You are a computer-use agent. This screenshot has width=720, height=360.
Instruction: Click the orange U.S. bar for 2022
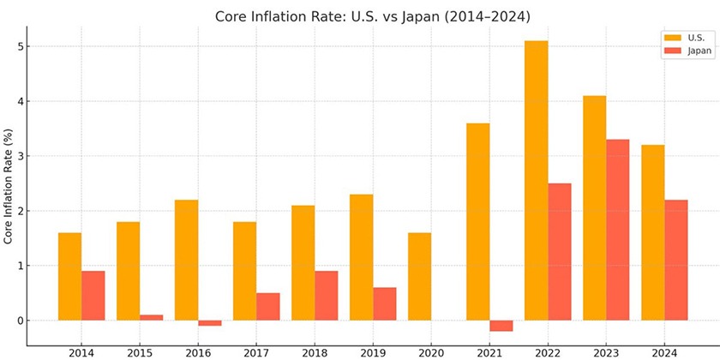click(537, 180)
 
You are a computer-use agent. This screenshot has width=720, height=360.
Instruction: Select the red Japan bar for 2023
click(617, 230)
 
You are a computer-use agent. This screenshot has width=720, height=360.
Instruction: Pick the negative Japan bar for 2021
click(501, 326)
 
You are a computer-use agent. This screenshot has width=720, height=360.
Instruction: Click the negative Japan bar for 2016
click(210, 323)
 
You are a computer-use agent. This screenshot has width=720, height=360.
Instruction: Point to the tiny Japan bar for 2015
click(152, 317)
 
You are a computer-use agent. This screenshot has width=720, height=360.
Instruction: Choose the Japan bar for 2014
click(93, 295)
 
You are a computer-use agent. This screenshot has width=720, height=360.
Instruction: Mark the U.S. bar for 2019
click(361, 257)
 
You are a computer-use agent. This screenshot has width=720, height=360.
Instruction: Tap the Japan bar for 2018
click(327, 295)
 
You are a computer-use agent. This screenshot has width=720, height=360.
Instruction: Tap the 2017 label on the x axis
click(256, 352)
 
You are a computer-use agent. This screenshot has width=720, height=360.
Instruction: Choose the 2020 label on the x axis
click(431, 352)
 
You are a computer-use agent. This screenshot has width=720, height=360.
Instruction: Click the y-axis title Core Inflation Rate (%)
click(9, 188)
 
